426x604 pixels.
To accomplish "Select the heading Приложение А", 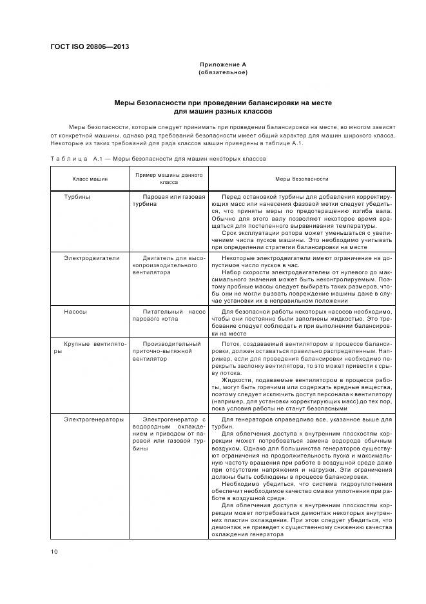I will tap(222, 65).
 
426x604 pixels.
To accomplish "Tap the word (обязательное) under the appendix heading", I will tap(222, 72).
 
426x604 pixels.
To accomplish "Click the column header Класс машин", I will tap(90, 179).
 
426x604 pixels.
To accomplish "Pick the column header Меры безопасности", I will tap(302, 179).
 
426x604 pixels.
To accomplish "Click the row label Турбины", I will tap(77, 196).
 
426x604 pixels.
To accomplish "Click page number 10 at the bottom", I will tap(54, 551).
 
